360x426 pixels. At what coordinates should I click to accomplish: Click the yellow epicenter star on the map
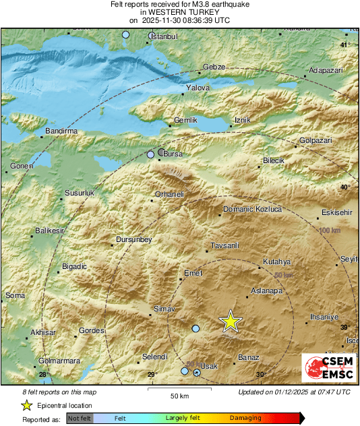(x=231, y=322)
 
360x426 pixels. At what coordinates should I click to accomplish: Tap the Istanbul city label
(x=164, y=36)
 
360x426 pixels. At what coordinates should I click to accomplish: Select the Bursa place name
(x=173, y=154)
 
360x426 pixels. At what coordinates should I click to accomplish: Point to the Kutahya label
(x=276, y=262)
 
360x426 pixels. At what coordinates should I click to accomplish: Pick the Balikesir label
(x=49, y=232)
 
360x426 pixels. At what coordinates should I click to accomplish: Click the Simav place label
(x=165, y=309)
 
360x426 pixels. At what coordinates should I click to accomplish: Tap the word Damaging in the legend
(x=245, y=418)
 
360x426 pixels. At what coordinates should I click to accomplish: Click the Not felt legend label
(x=79, y=418)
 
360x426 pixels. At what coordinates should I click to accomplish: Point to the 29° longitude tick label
(x=152, y=375)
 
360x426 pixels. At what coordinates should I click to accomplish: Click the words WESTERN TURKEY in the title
(x=179, y=12)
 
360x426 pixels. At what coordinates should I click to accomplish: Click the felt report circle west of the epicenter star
(x=196, y=329)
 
